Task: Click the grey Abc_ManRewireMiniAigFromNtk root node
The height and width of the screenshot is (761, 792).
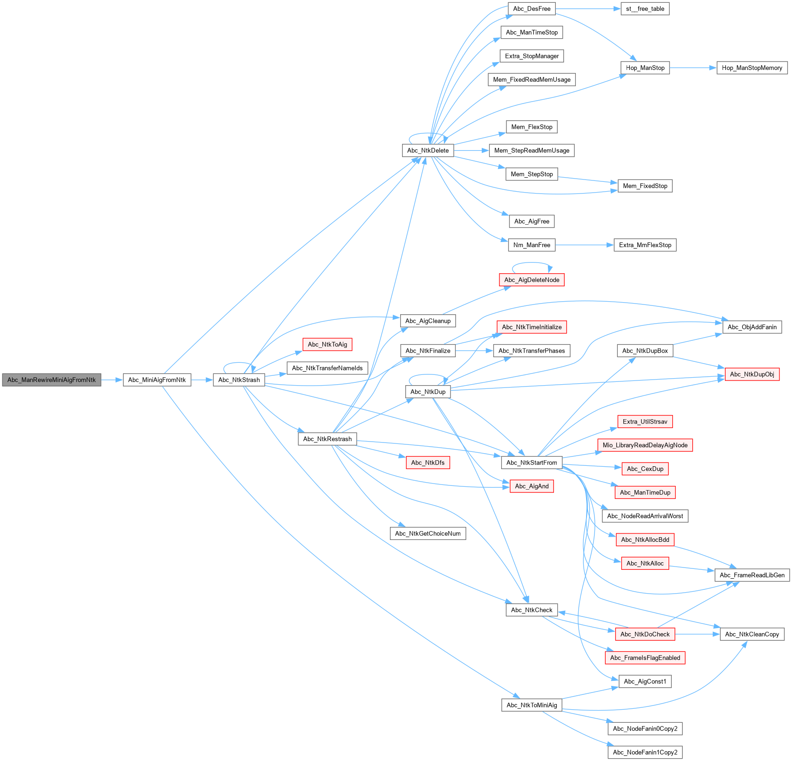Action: (52, 380)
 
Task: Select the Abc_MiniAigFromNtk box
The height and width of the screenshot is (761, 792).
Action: (157, 380)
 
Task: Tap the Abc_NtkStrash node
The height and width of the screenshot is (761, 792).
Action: (239, 380)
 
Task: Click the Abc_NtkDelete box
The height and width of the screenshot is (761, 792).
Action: (428, 151)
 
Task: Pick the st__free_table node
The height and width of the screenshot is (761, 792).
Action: (645, 9)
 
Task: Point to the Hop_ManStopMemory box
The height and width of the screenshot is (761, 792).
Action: (752, 68)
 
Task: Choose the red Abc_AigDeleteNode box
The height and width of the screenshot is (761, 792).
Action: (532, 280)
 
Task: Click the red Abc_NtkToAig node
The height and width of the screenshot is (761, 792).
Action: (328, 345)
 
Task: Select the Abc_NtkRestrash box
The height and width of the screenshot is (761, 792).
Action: (328, 439)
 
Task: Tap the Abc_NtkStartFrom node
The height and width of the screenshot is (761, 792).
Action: (532, 463)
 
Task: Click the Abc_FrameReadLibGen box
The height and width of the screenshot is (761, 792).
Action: (752, 575)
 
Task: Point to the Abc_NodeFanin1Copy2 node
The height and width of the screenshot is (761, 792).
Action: (645, 753)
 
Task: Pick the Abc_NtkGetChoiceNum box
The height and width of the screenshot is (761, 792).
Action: (428, 534)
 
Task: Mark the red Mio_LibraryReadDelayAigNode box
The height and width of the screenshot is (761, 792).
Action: (645, 445)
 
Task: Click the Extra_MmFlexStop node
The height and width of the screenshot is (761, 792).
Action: (645, 245)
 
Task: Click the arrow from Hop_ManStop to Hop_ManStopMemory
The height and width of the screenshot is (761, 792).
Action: (693, 68)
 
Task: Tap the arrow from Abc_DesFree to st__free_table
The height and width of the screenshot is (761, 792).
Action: (588, 9)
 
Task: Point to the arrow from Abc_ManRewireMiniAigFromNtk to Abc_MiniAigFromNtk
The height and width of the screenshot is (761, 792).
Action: (112, 380)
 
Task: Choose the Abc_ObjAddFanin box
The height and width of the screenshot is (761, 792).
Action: (752, 327)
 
